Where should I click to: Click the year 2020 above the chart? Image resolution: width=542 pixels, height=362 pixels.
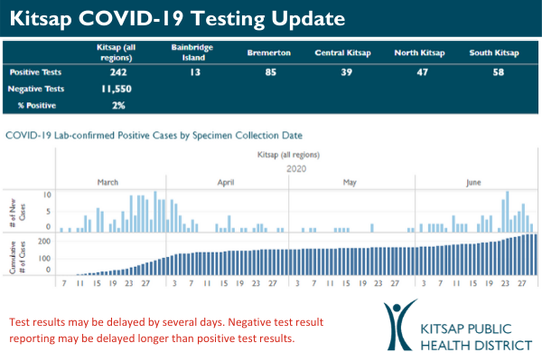click(x=297, y=168)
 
